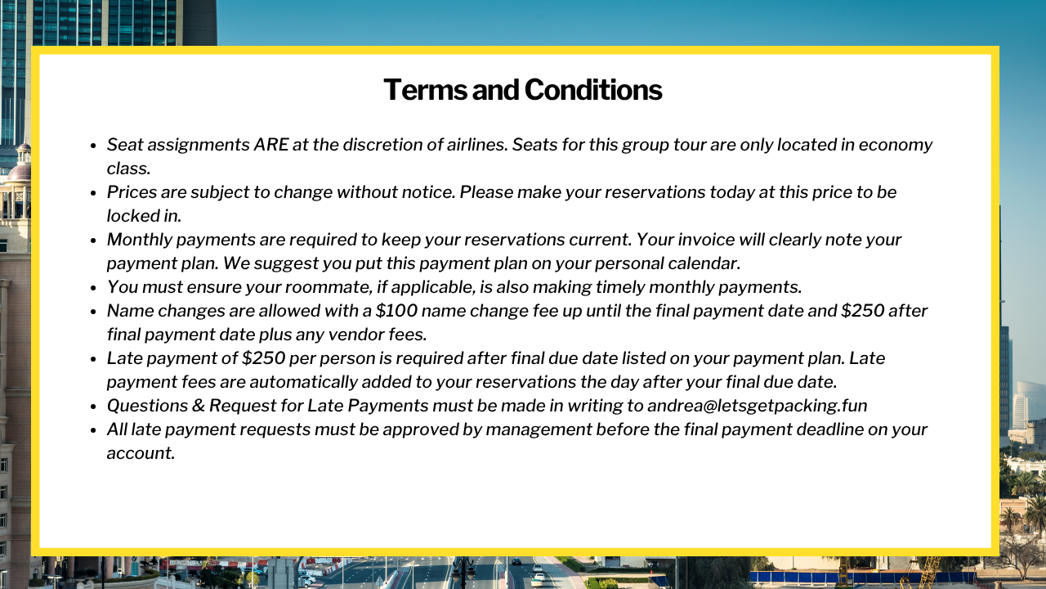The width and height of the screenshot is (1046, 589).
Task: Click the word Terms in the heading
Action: click(425, 90)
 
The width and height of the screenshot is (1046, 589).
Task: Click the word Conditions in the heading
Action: click(593, 90)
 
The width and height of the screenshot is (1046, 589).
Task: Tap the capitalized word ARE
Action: click(271, 145)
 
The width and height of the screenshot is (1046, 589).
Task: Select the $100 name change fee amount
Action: click(396, 311)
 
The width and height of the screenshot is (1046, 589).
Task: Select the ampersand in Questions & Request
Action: click(198, 406)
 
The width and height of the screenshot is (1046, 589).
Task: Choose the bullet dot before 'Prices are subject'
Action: click(93, 193)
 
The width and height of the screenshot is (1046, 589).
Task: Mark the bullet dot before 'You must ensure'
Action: click(93, 288)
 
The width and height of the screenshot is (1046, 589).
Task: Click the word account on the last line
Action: click(141, 453)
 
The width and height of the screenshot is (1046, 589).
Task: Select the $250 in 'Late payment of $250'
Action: click(263, 358)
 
